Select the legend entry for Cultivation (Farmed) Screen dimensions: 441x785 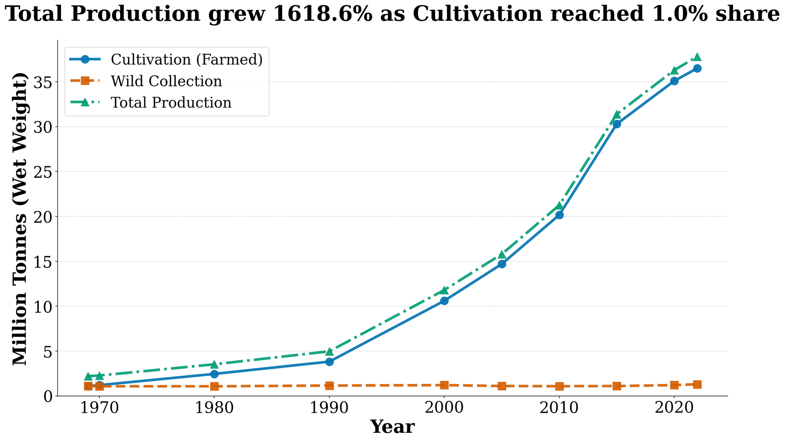(186, 60)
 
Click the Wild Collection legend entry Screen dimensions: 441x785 (166, 81)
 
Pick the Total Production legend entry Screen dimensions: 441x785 (171, 102)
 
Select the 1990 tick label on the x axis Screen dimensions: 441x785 (329, 409)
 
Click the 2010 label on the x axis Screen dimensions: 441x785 (559, 409)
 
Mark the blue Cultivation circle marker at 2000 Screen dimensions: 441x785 (444, 301)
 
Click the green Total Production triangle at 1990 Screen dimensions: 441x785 (330, 351)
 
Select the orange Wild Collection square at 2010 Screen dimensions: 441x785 (559, 386)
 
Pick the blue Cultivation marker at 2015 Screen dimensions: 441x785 (617, 124)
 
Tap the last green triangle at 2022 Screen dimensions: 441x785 (698, 57)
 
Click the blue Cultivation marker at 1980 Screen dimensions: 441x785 (214, 374)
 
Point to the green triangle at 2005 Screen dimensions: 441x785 (502, 255)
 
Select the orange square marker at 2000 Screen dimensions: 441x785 (444, 385)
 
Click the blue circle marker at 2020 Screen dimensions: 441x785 (675, 81)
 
